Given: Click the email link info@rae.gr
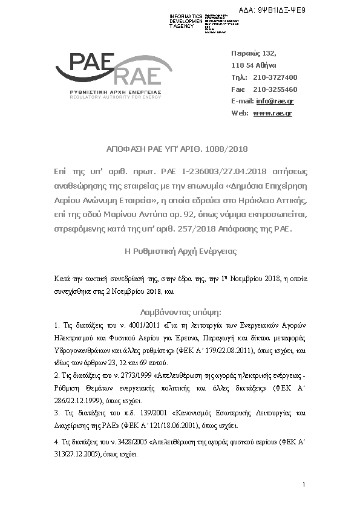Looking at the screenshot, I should point(275,101).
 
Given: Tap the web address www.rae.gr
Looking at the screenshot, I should point(272,113).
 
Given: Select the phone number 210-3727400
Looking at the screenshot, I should point(275,77).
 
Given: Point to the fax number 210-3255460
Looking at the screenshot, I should point(275,89).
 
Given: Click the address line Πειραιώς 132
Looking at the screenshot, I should point(254,53).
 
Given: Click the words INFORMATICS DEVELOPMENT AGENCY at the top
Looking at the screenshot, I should point(186,21).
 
